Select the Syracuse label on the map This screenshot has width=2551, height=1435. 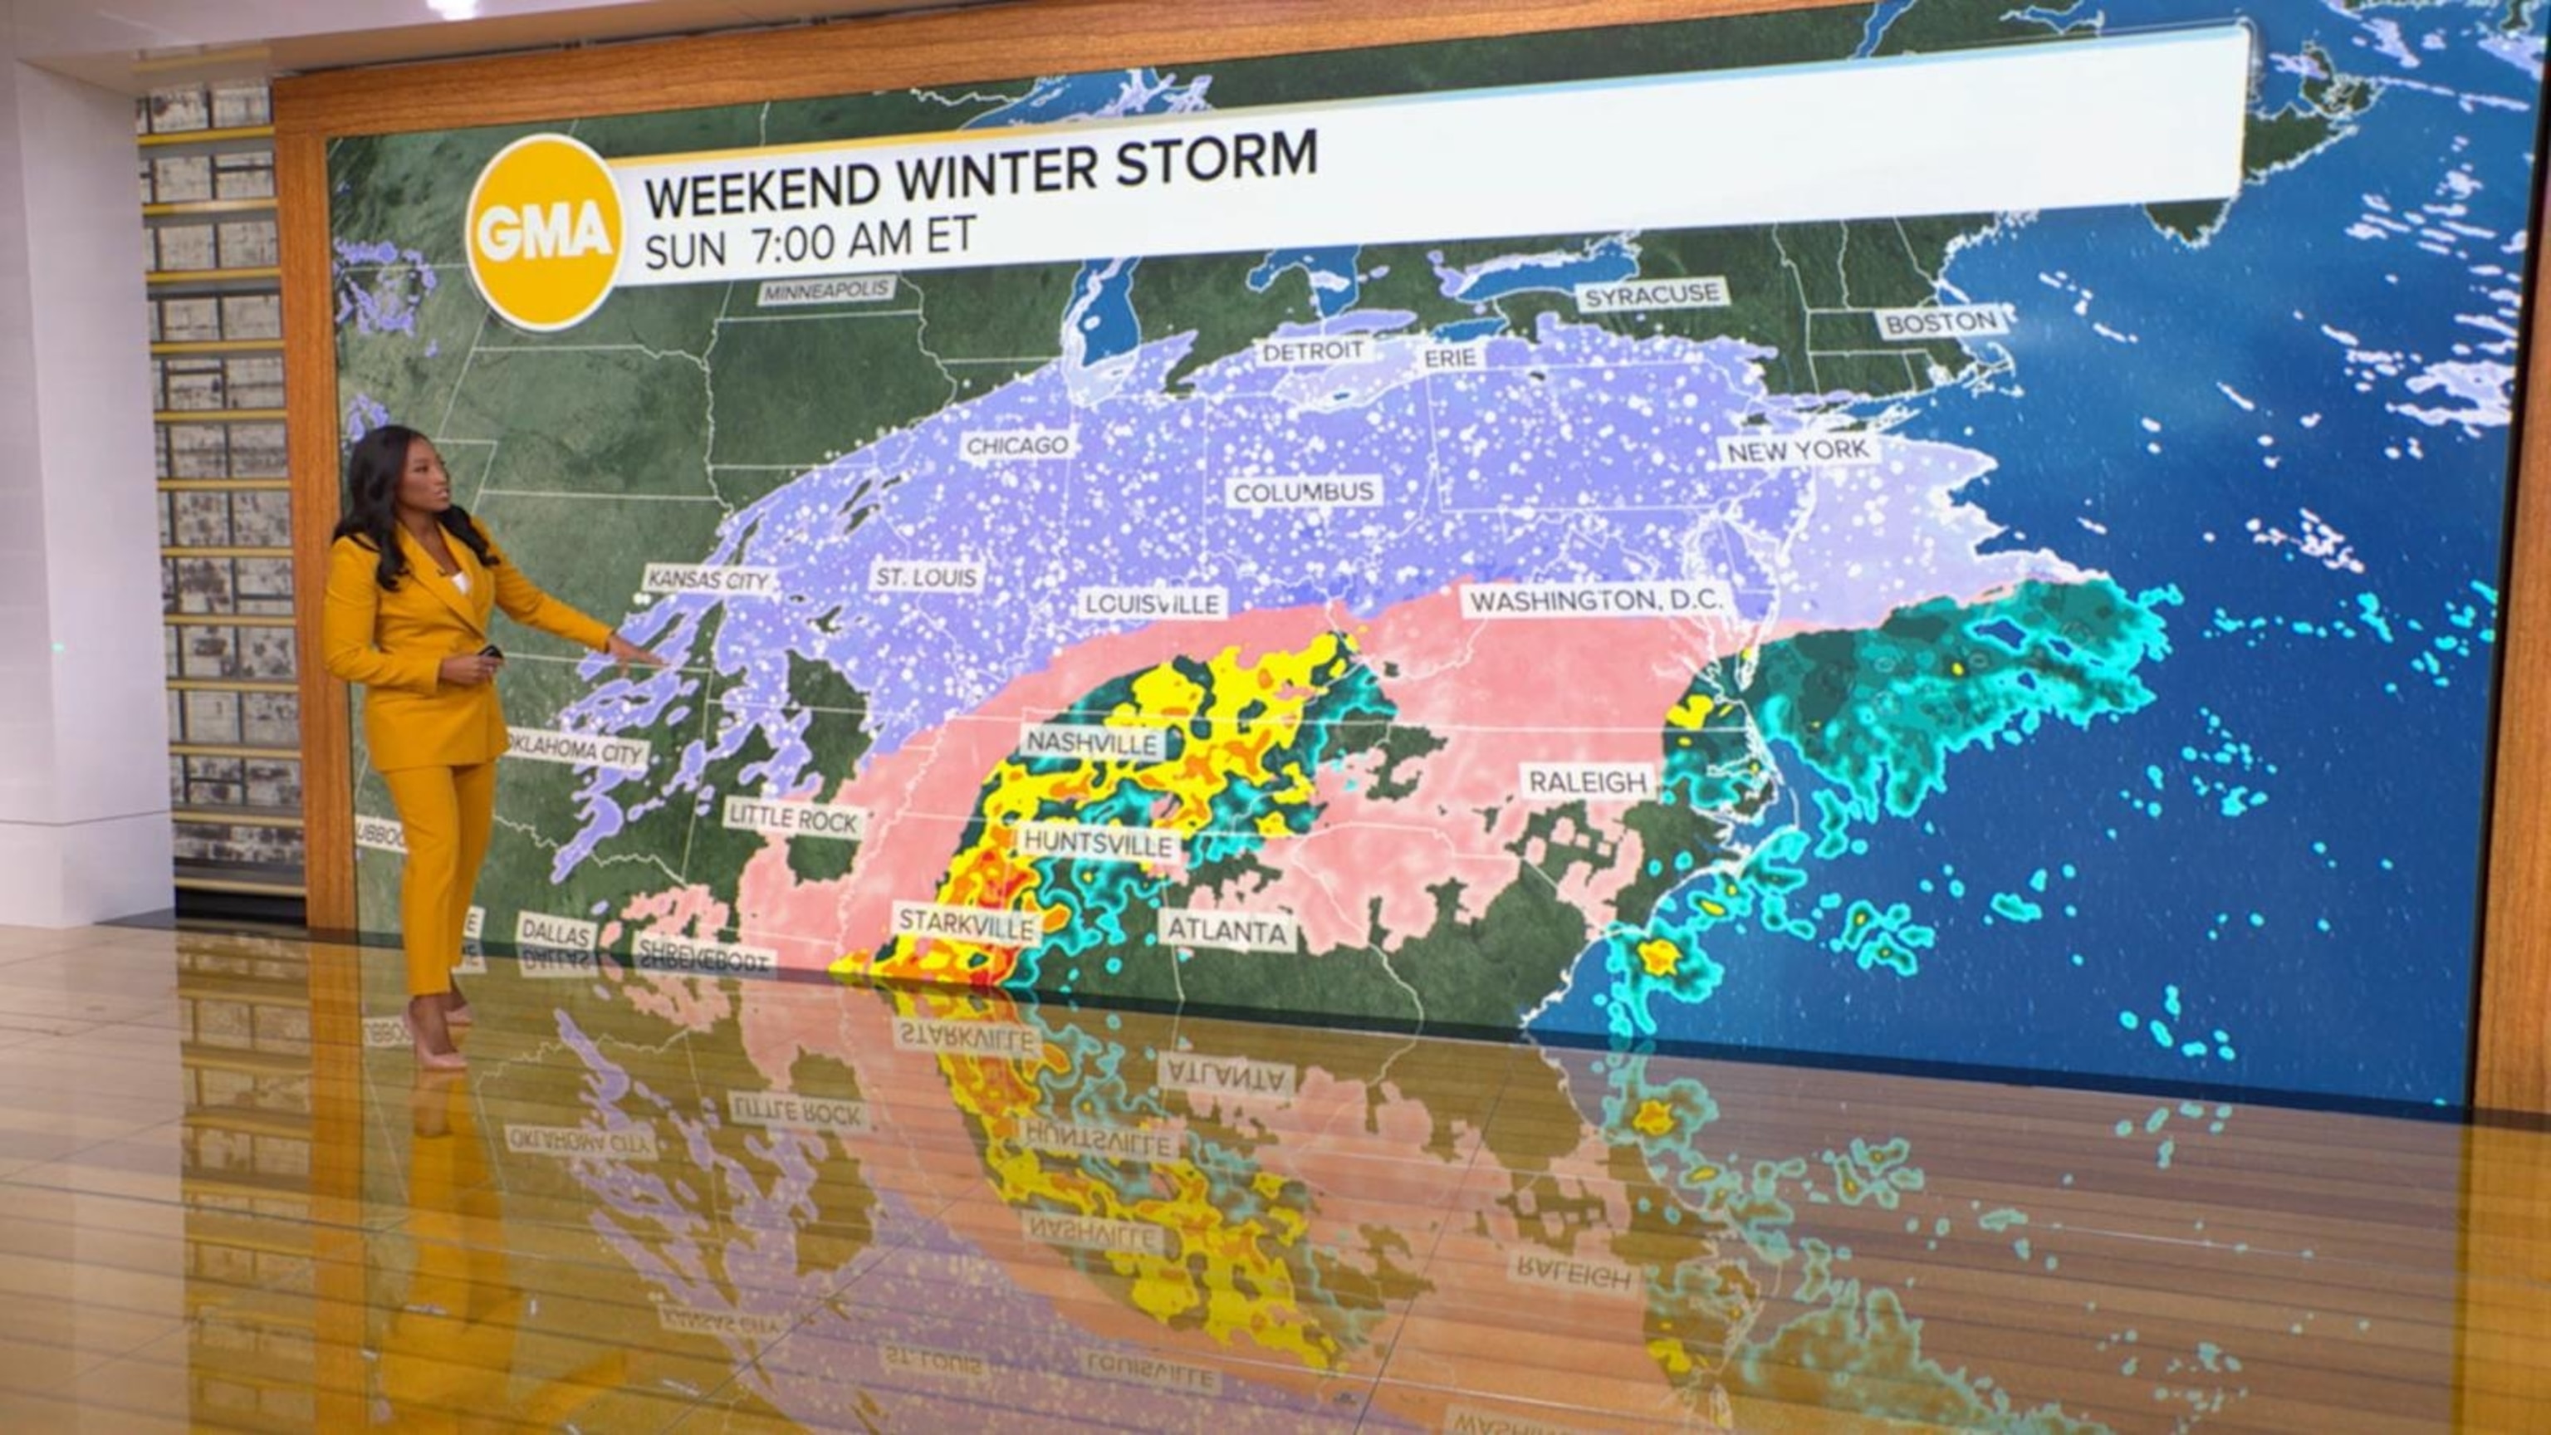click(1652, 295)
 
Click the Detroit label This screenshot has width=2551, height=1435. click(1313, 350)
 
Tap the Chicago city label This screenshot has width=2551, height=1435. click(1017, 446)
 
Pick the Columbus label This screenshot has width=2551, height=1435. click(1303, 492)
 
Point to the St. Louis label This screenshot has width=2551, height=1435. click(926, 577)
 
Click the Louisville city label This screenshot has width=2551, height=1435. click(1152, 603)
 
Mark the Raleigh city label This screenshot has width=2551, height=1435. click(1588, 781)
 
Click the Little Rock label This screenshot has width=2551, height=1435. click(794, 817)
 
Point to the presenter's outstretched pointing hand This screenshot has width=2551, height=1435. click(634, 652)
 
